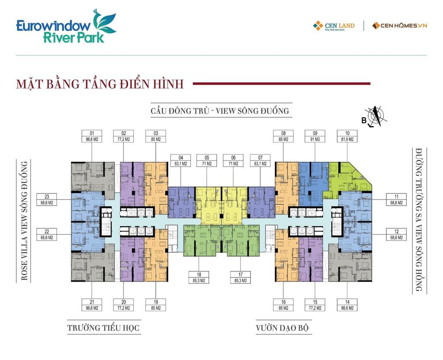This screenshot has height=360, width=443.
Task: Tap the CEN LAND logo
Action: click(x=334, y=26)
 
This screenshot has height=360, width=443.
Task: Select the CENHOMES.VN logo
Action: click(x=399, y=26)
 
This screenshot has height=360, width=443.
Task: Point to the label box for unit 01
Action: click(x=91, y=136)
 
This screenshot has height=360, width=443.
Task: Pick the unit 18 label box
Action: click(x=199, y=277)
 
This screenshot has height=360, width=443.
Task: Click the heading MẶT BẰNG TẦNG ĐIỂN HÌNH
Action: click(x=100, y=84)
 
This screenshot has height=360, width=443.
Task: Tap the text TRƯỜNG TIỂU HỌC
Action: click(x=103, y=328)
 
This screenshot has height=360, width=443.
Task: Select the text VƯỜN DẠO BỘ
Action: click(x=283, y=328)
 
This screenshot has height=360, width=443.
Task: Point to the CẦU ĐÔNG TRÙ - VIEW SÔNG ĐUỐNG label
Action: click(x=220, y=111)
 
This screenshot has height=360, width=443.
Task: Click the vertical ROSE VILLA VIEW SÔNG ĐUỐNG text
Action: click(x=25, y=221)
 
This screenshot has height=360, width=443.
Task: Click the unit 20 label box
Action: click(x=123, y=305)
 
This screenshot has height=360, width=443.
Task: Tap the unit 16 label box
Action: click(x=283, y=305)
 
